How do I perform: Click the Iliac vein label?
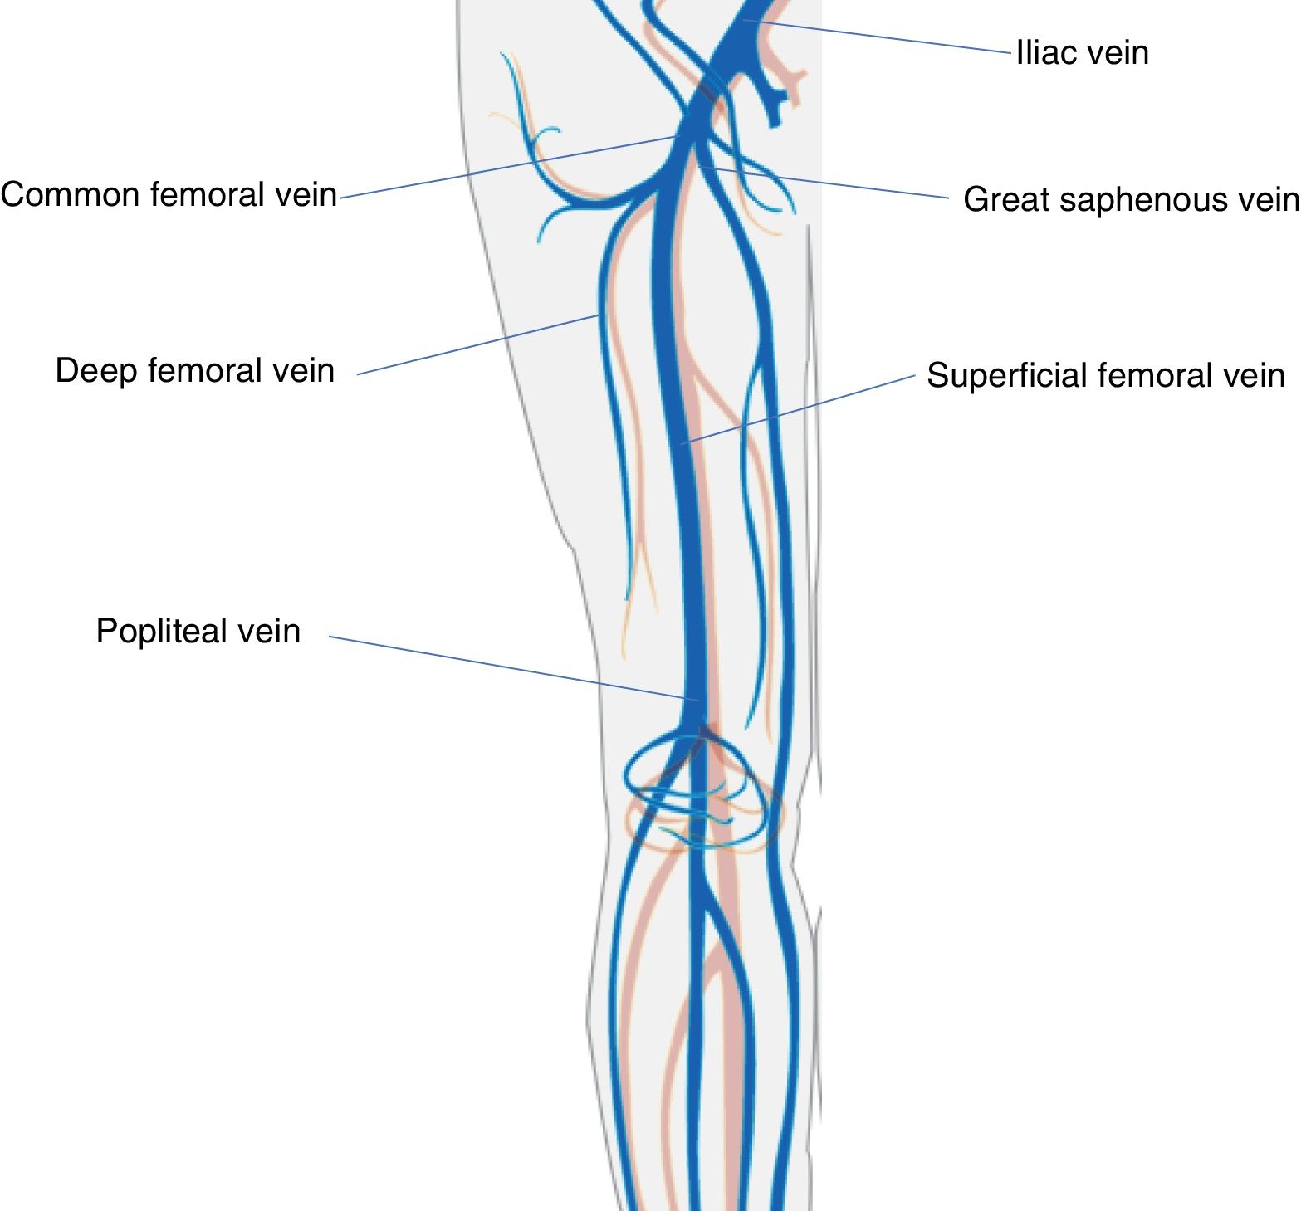click(1082, 53)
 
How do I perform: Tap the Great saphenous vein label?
click(1131, 200)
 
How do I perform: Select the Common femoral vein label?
click(169, 195)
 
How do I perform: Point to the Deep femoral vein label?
click(194, 371)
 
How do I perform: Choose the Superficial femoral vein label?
click(1105, 375)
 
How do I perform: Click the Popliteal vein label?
click(198, 632)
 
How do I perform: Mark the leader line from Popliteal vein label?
click(506, 667)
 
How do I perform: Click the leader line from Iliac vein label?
click(880, 36)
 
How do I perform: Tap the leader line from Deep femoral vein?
click(477, 345)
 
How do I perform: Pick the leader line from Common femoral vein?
click(506, 167)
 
